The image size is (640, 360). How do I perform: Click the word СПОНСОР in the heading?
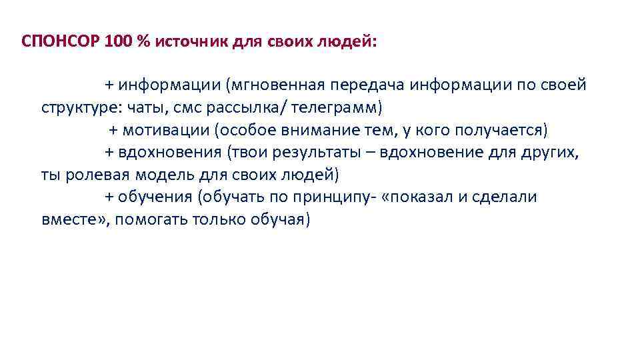[x=61, y=41]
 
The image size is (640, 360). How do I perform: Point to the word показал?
[x=429, y=197]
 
